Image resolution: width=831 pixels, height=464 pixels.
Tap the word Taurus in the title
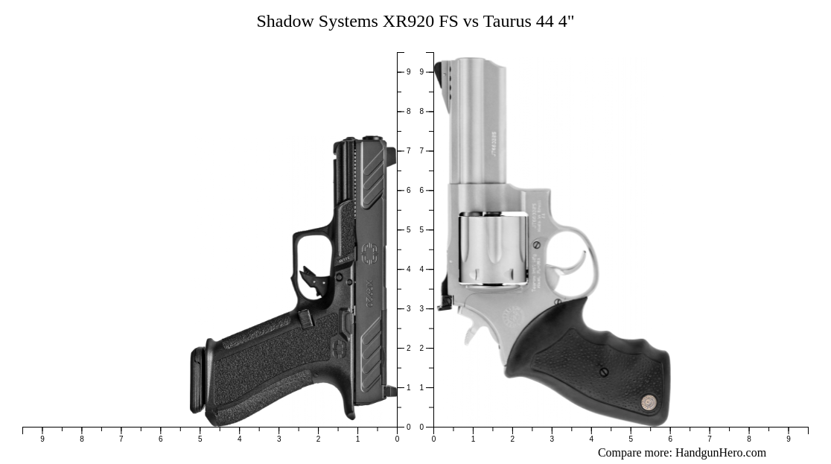(x=507, y=22)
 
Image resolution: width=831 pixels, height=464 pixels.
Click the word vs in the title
(x=471, y=22)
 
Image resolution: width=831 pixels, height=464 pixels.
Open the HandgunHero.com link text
(x=720, y=453)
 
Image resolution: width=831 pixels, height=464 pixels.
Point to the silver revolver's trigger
(x=578, y=262)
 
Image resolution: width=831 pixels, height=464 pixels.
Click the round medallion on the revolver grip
(x=649, y=402)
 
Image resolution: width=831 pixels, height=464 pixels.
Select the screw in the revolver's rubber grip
(x=603, y=372)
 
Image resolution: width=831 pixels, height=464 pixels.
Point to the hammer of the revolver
(x=445, y=302)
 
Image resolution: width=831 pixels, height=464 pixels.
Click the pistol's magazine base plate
(x=197, y=380)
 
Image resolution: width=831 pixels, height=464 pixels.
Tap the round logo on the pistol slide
(x=369, y=254)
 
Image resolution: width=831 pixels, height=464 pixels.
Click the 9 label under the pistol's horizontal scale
(x=42, y=439)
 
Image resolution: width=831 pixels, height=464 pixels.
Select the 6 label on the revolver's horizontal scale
(x=670, y=439)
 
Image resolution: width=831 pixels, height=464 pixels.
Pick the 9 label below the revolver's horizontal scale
(x=789, y=439)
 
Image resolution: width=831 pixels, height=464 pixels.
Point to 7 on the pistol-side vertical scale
(x=408, y=151)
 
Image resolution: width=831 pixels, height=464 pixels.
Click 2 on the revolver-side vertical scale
(x=421, y=349)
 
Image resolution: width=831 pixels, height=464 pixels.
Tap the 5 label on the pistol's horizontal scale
(x=200, y=439)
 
